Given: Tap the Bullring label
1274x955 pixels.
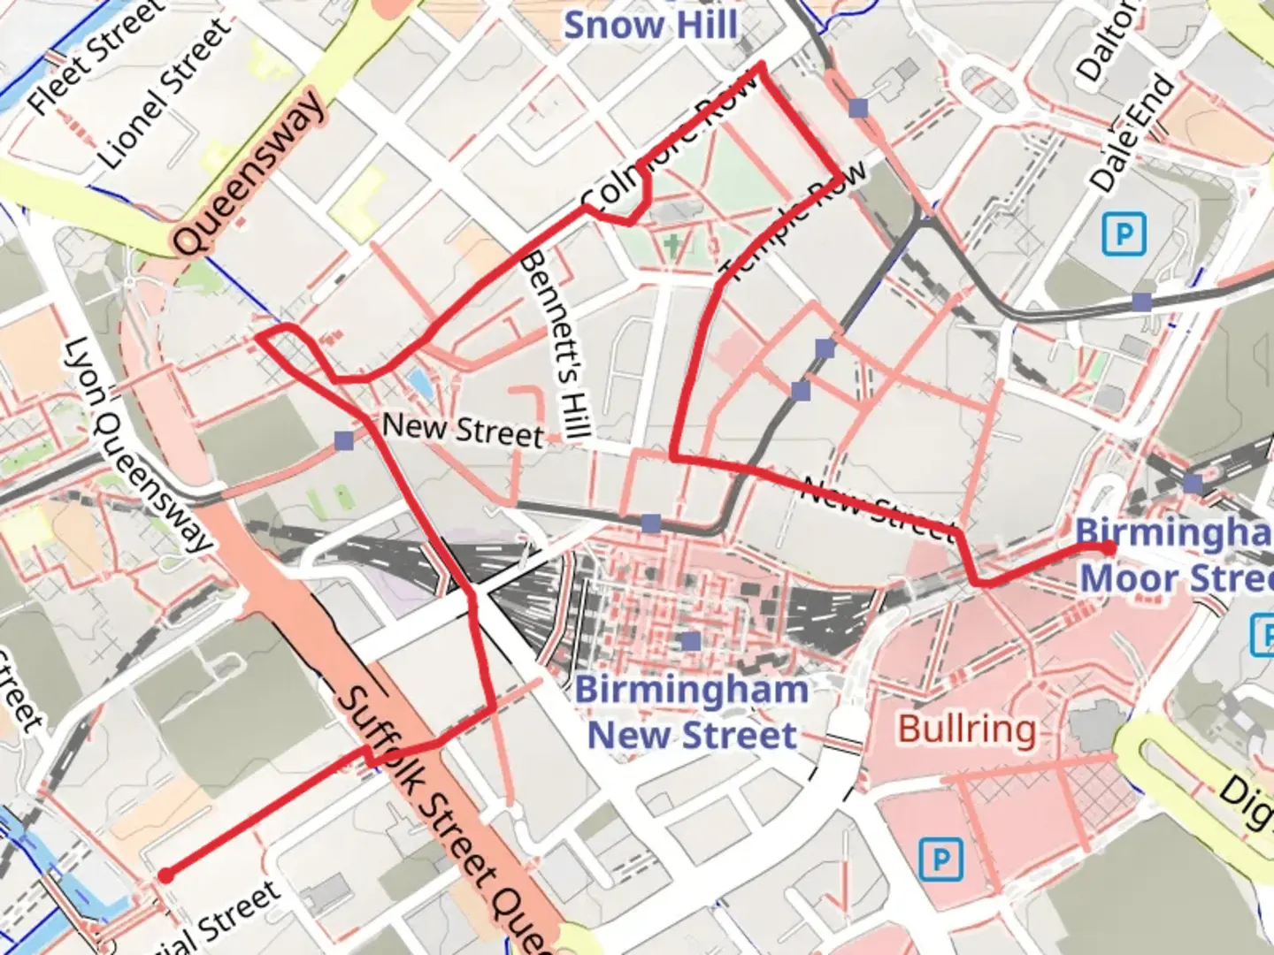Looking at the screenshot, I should (x=967, y=730).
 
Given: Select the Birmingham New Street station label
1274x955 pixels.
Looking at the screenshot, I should (x=692, y=713).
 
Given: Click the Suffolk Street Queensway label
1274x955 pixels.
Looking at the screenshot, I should (x=442, y=818).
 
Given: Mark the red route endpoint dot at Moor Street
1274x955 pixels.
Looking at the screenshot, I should (x=1108, y=549).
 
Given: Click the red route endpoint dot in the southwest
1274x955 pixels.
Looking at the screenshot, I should (x=165, y=875).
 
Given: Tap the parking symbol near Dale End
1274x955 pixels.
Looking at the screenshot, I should (x=1124, y=234).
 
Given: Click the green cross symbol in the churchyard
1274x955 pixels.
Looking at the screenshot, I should (x=675, y=246).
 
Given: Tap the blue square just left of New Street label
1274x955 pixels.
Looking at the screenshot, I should (x=344, y=439).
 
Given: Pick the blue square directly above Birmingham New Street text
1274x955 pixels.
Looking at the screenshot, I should (x=691, y=640).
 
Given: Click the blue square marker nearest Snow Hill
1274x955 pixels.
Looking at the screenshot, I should (x=857, y=108).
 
